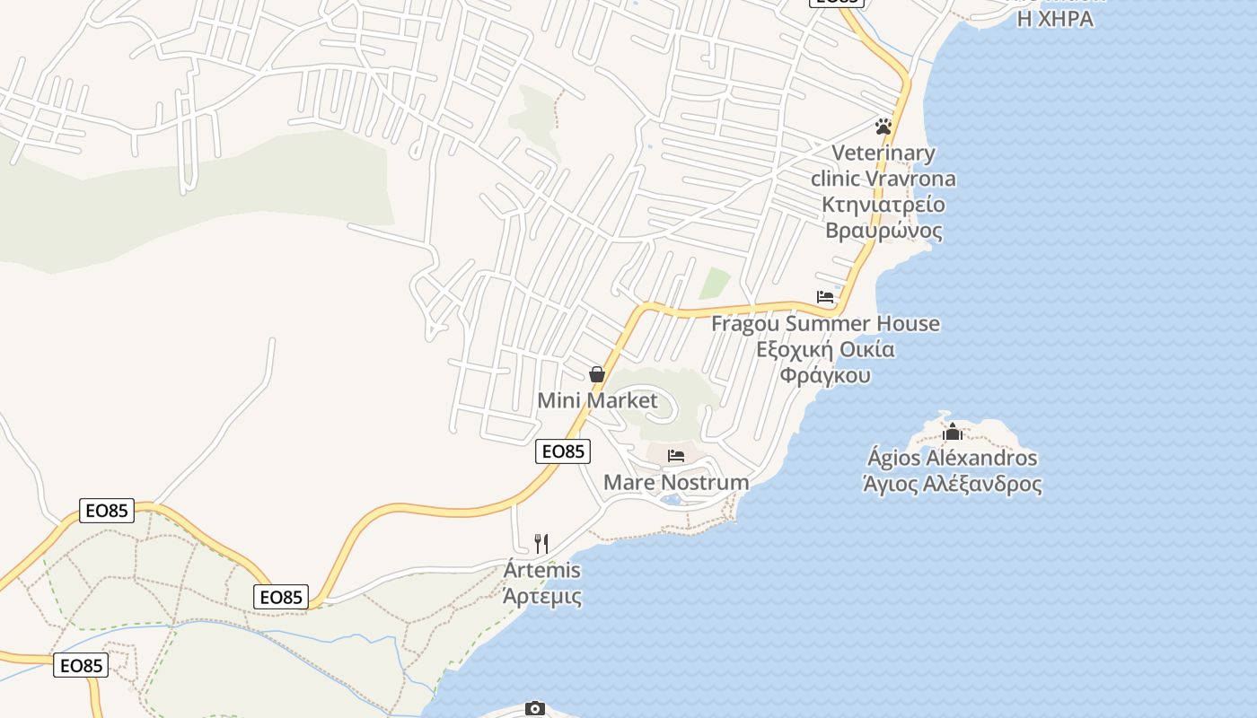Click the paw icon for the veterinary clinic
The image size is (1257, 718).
pyautogui.click(x=883, y=127)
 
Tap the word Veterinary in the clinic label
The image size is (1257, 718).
pyautogui.click(x=883, y=153)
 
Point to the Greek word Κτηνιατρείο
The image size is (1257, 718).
pyautogui.click(x=883, y=205)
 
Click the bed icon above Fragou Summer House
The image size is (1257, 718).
pyautogui.click(x=825, y=297)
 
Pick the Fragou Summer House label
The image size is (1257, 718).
pyautogui.click(x=825, y=323)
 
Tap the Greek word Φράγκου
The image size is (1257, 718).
pyautogui.click(x=825, y=375)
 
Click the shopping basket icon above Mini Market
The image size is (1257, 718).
pyautogui.click(x=597, y=374)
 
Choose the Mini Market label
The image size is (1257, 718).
pyautogui.click(x=597, y=400)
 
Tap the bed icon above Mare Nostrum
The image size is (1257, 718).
pyautogui.click(x=676, y=456)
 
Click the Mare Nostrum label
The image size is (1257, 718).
pyautogui.click(x=676, y=482)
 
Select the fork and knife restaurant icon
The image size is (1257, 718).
pyautogui.click(x=541, y=544)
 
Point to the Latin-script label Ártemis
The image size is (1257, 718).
pyautogui.click(x=541, y=570)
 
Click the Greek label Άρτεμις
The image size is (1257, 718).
pyautogui.click(x=541, y=596)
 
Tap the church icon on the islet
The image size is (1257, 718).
pyautogui.click(x=953, y=433)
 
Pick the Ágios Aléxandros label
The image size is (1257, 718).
pyautogui.click(x=953, y=458)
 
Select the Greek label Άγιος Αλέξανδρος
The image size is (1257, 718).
pyautogui.click(x=953, y=485)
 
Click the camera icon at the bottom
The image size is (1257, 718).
pyautogui.click(x=535, y=709)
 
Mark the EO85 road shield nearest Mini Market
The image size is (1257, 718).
pyautogui.click(x=563, y=451)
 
